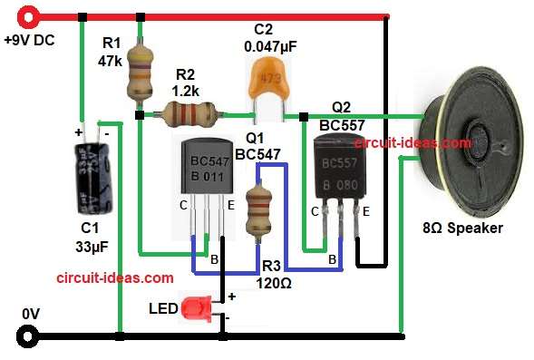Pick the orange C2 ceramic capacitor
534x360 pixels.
pos(265,82)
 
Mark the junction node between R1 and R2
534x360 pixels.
pos(139,115)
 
